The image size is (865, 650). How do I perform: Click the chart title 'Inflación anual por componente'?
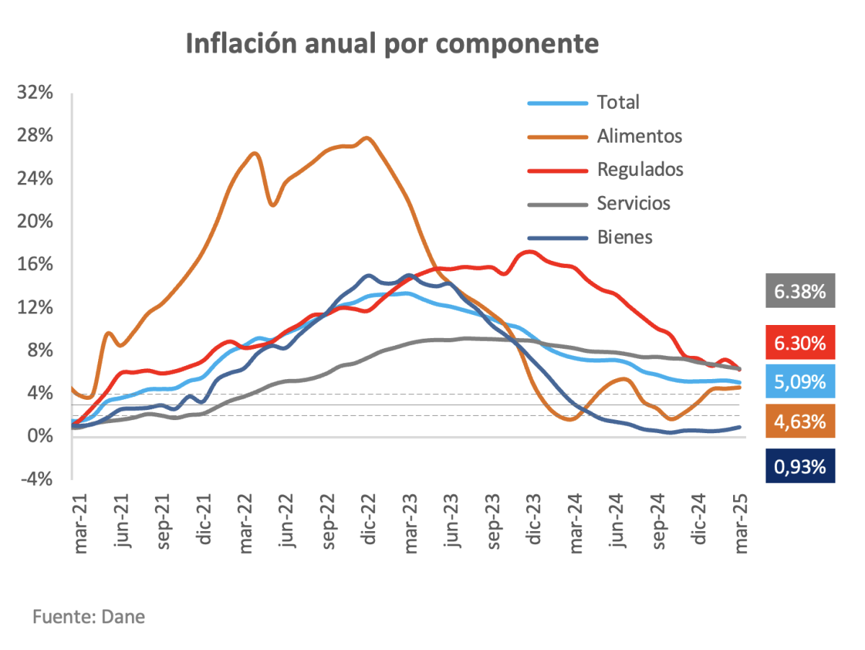[x=392, y=45]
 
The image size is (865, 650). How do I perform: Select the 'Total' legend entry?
[x=618, y=103]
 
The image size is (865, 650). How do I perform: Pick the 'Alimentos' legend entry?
[x=639, y=136]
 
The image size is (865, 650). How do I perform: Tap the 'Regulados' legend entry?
[x=640, y=170]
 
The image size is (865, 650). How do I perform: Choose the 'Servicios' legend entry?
[x=634, y=204]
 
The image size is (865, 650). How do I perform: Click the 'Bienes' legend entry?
[x=624, y=237]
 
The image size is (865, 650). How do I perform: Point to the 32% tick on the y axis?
[x=35, y=93]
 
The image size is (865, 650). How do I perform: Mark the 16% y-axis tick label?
[x=35, y=264]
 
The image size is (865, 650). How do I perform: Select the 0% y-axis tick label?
[x=40, y=436]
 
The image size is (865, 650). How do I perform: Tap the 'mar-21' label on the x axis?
[x=81, y=524]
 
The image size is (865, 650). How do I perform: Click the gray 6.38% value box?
[x=799, y=291]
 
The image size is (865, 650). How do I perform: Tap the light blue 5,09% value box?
[x=799, y=380]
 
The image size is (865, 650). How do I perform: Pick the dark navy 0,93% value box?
[x=799, y=466]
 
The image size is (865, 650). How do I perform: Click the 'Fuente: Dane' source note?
[x=89, y=618]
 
